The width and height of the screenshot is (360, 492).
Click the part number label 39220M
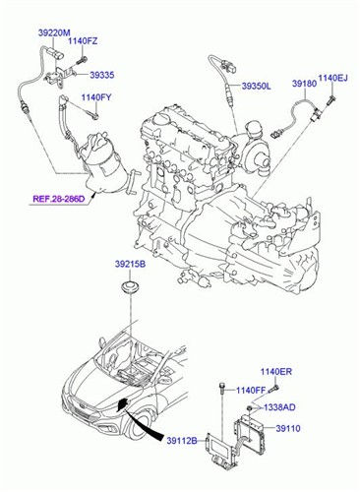click(54, 33)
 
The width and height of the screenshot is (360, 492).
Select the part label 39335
click(102, 74)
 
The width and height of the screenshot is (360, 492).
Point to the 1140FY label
click(97, 97)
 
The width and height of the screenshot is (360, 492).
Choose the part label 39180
click(303, 86)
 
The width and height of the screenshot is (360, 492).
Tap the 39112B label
click(180, 440)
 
